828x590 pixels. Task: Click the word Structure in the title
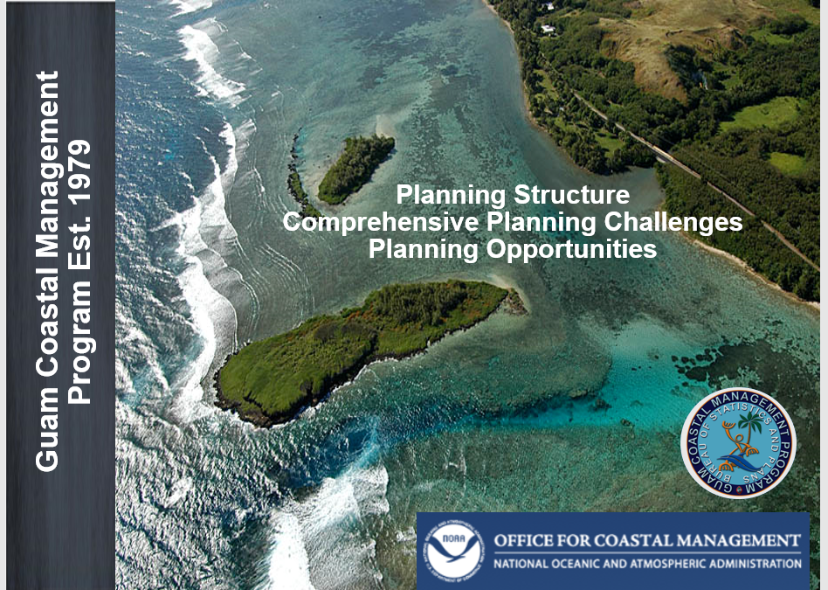click(x=571, y=195)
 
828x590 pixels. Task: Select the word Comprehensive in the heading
click(x=380, y=222)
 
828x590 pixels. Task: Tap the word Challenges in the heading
click(x=673, y=222)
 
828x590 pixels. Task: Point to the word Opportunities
click(x=571, y=248)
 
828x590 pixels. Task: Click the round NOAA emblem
click(x=453, y=551)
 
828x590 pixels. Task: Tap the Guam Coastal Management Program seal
click(x=738, y=443)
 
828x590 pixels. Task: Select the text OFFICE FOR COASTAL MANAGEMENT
click(x=647, y=541)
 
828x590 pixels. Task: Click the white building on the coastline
click(x=549, y=29)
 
